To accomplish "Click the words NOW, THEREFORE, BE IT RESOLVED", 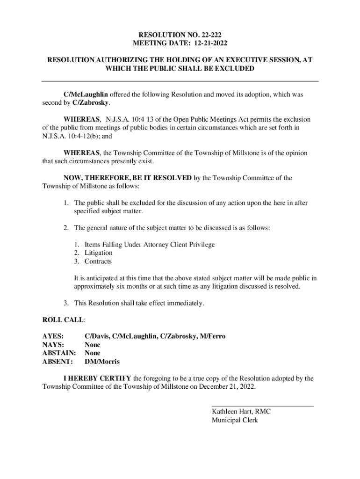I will (127, 178).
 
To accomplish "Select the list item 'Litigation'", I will (98, 253).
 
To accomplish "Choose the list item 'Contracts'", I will (98, 261).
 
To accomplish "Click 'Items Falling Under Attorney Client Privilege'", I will (150, 244).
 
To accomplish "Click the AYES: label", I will (53, 336).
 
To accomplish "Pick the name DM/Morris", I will (102, 362).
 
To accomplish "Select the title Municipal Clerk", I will (235, 420).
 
